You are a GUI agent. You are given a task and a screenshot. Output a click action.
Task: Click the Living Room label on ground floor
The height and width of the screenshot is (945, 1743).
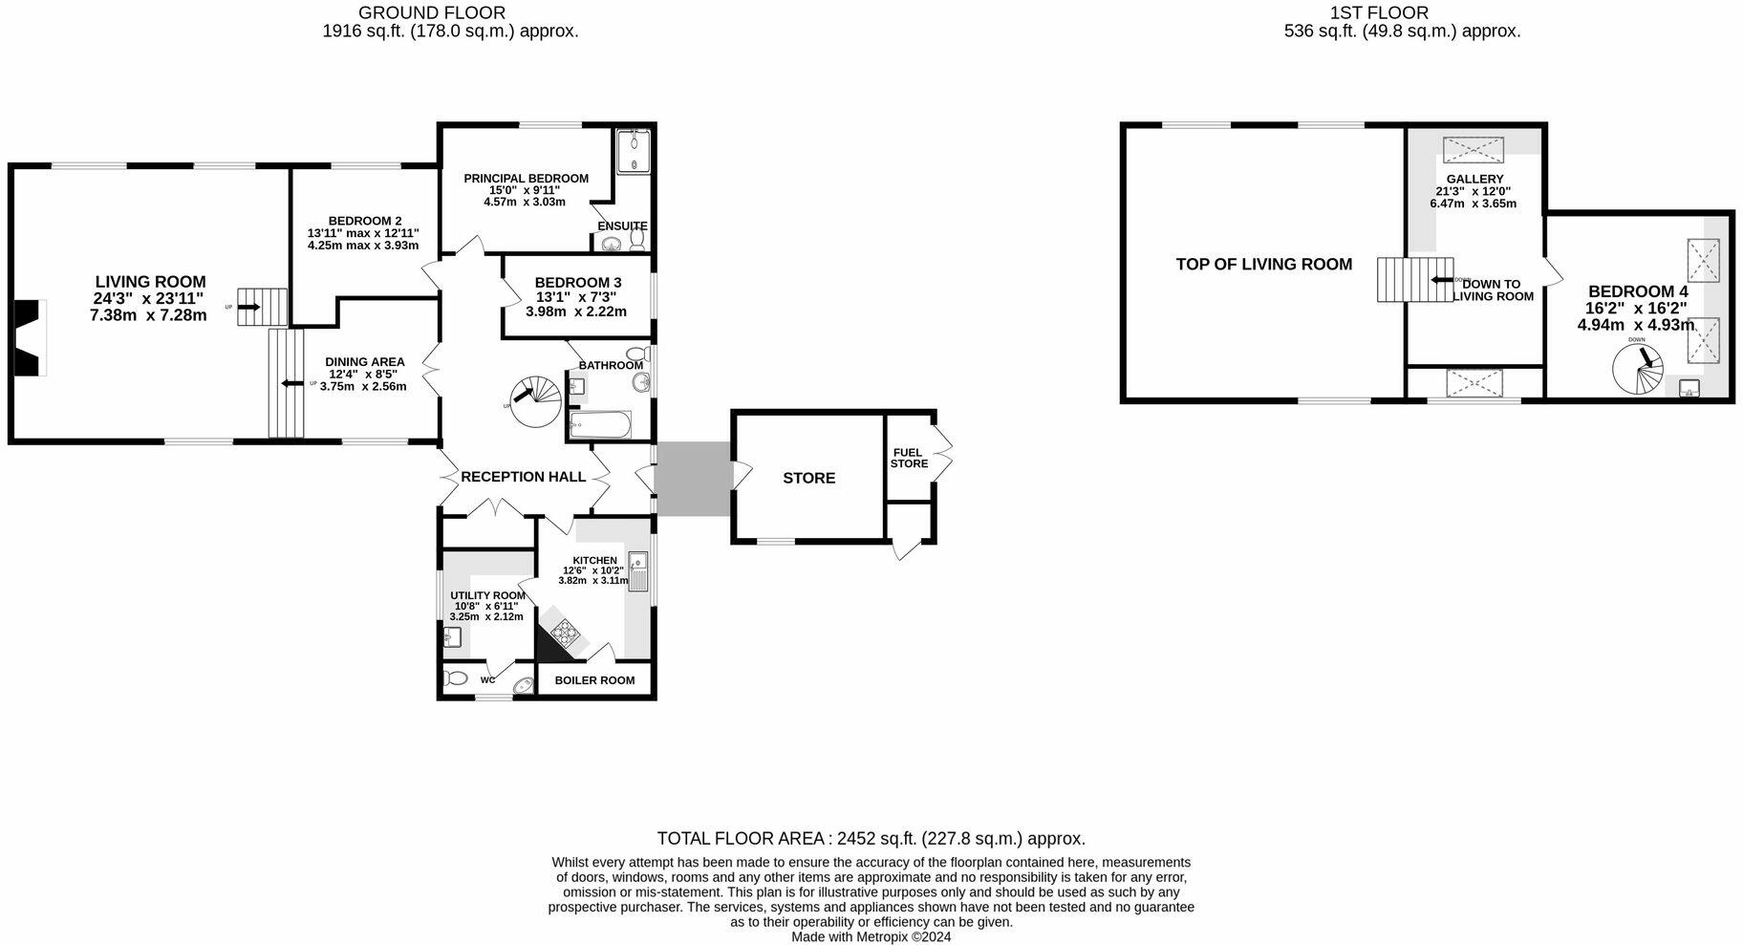pos(150,282)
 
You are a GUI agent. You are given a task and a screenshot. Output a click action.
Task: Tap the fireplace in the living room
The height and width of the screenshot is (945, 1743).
pos(29,338)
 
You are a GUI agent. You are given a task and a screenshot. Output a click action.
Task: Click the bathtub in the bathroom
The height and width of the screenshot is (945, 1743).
pos(600,424)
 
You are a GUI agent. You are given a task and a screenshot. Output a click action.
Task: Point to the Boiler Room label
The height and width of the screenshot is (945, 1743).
pos(594,680)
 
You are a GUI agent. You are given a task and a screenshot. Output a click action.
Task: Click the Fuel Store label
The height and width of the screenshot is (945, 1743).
pos(909,458)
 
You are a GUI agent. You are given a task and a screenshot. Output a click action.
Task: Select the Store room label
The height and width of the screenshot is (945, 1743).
pos(808,478)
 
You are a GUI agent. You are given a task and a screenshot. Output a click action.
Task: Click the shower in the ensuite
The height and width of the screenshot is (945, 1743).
pos(632,152)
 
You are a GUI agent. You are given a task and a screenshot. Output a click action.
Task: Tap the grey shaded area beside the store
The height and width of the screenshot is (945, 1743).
pos(694,479)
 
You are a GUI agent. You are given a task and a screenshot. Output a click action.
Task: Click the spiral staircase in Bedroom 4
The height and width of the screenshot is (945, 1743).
pos(1638,370)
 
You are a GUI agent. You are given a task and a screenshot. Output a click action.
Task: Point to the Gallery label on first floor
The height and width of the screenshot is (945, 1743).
pos(1474,179)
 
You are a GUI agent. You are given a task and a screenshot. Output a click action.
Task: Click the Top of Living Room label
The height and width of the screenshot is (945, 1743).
pos(1263,265)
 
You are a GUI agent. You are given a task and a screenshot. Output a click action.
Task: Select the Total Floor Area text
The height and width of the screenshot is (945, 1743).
pos(871,839)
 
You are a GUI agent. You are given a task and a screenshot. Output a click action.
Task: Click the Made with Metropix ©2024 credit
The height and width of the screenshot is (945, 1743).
pos(871,937)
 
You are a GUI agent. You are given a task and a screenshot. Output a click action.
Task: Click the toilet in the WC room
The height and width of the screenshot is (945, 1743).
pos(456,678)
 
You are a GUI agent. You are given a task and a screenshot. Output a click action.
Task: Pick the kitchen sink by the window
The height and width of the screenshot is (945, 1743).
pos(638,571)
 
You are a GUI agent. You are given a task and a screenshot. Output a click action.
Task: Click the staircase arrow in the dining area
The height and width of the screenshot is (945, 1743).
pos(286,384)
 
